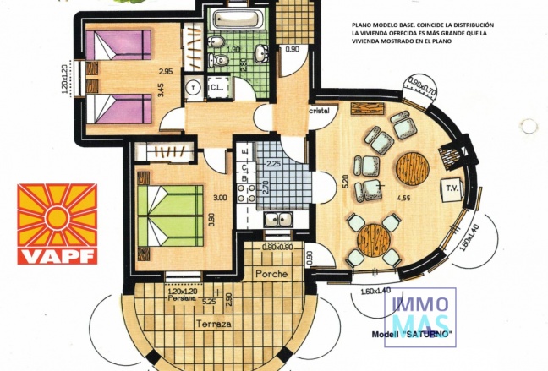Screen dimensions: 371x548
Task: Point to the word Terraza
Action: coord(215,323)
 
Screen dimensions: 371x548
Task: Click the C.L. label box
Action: coord(216,86)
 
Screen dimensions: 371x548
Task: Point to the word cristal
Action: coord(318,112)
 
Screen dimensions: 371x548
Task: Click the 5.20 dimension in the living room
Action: coord(322,181)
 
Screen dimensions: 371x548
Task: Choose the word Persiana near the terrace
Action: coord(180,298)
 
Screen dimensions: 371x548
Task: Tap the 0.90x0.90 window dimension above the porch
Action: coord(277,247)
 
